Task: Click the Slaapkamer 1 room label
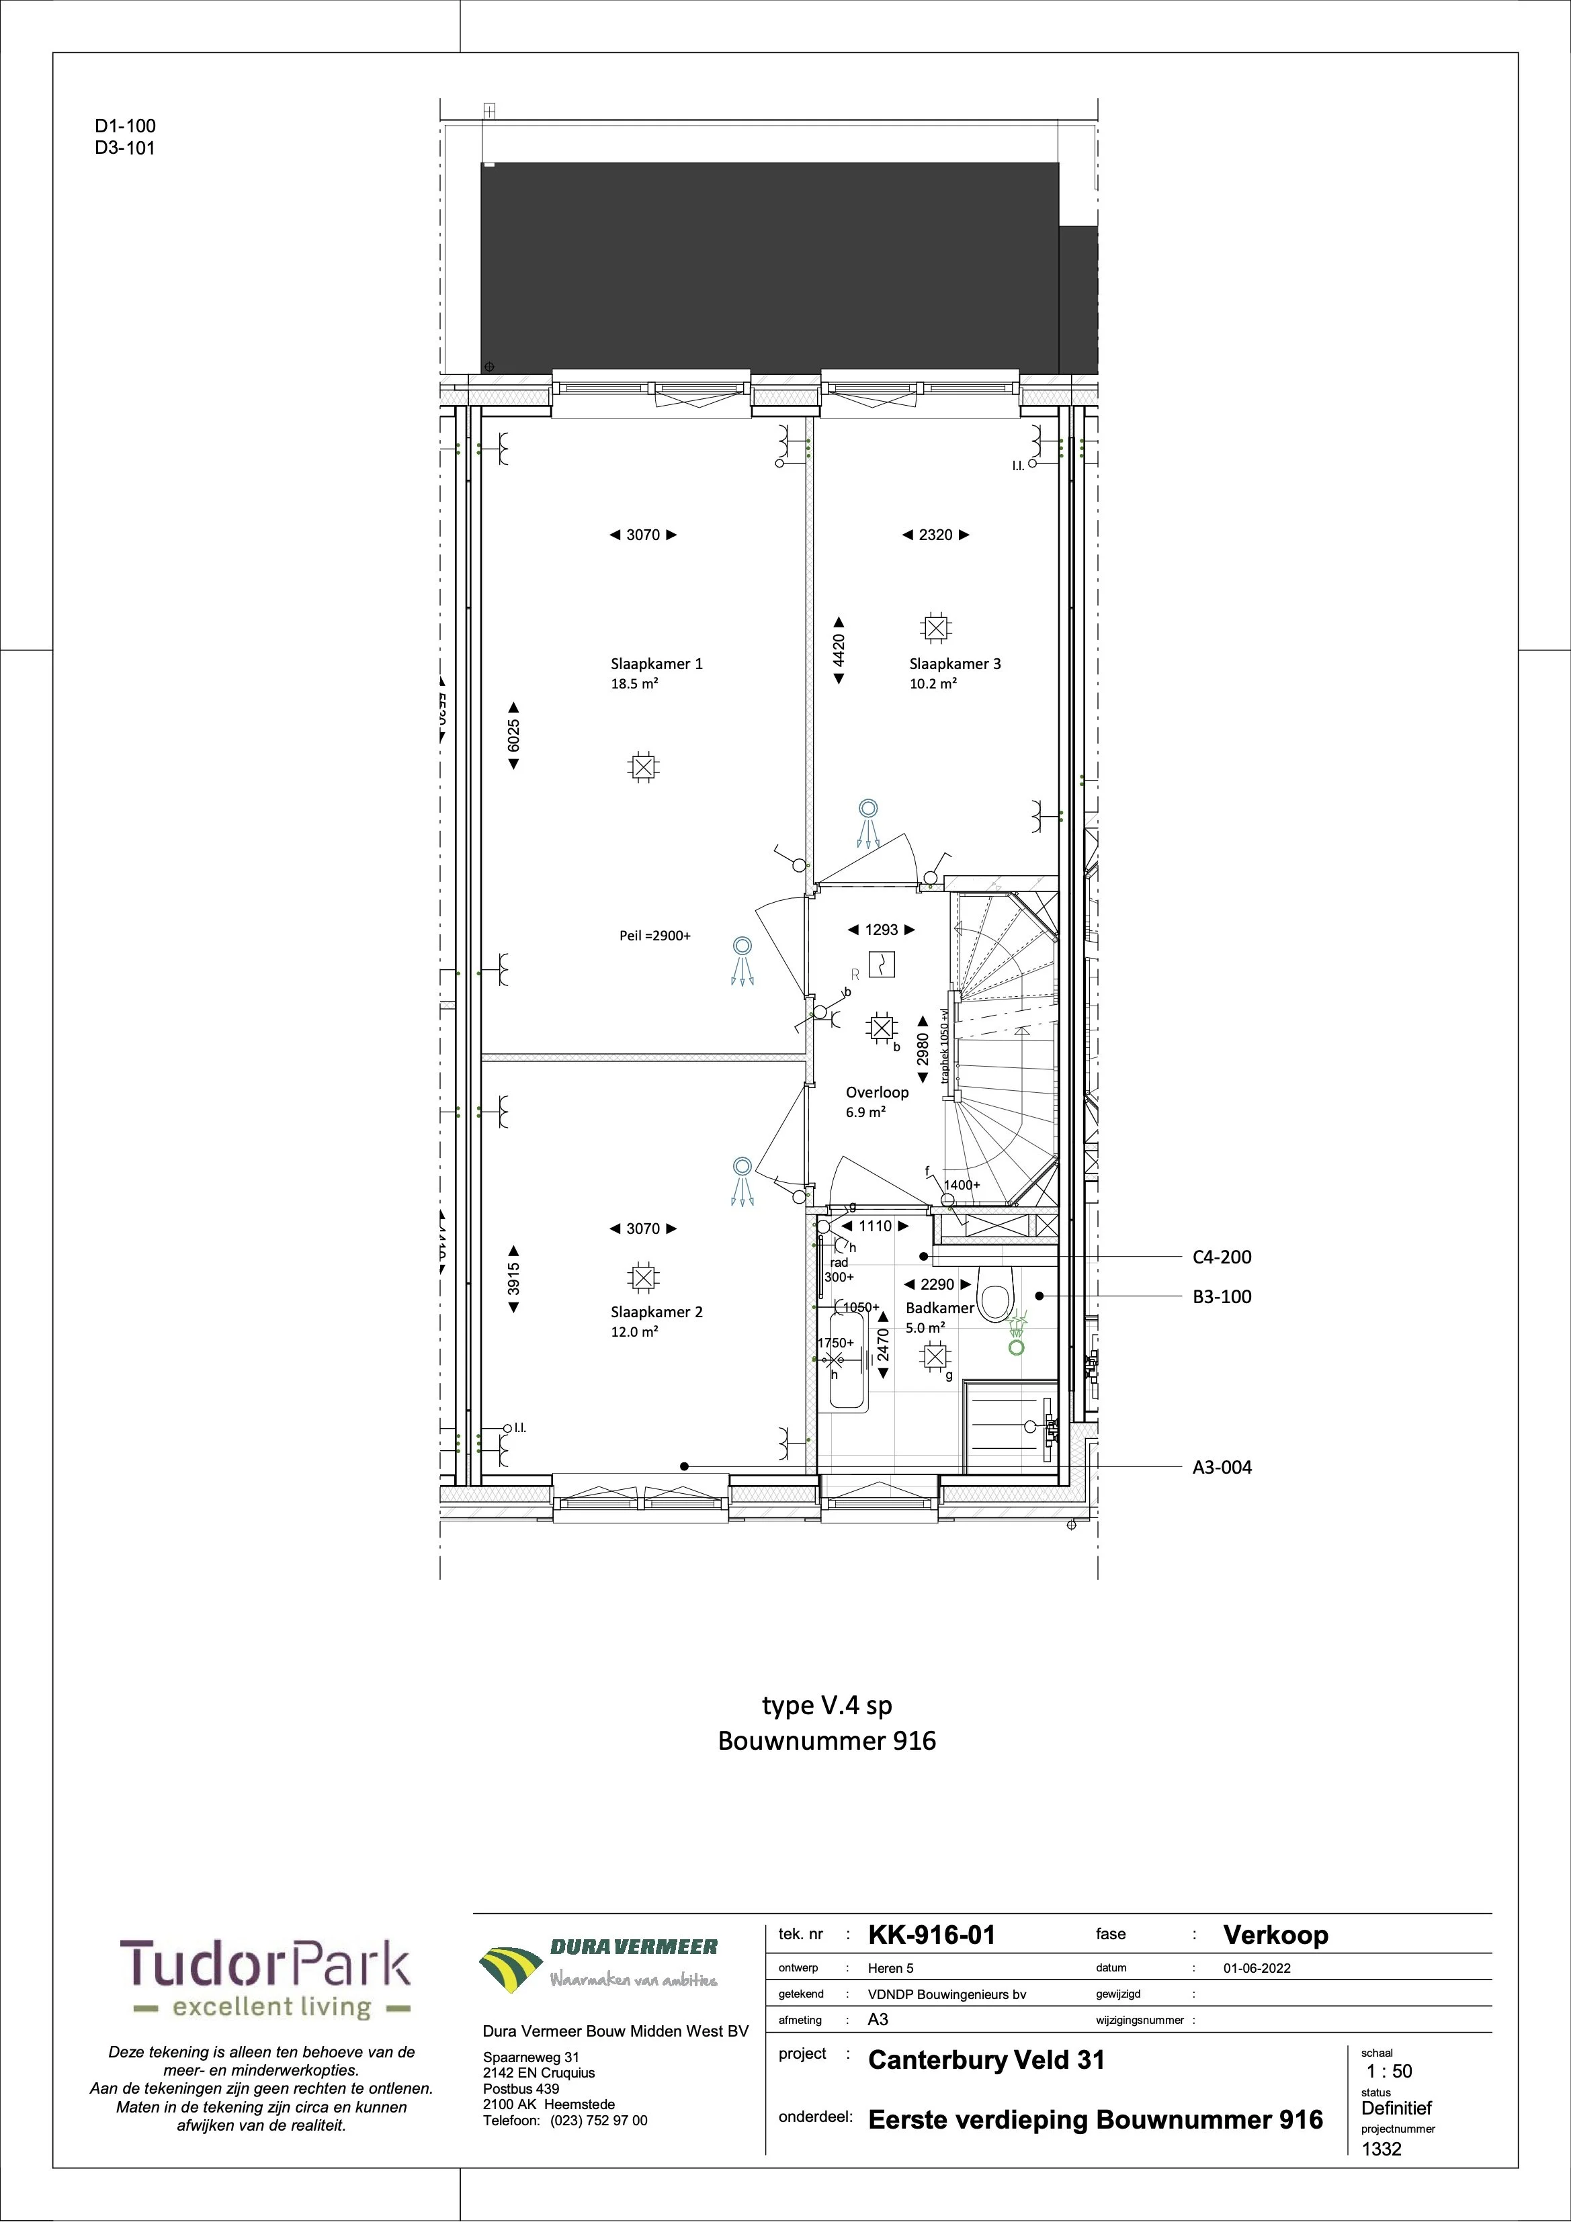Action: click(x=656, y=664)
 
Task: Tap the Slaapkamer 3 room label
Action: click(x=954, y=664)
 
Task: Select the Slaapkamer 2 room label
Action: click(x=656, y=1313)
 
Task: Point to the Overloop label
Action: click(x=877, y=1093)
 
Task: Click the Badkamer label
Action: click(x=939, y=1307)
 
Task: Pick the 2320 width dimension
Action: click(x=935, y=534)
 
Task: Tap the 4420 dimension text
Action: click(x=839, y=650)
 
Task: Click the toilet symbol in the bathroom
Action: click(x=993, y=1299)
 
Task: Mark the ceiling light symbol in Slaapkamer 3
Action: click(x=935, y=628)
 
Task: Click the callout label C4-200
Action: click(x=1222, y=1257)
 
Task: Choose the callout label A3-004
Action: click(x=1222, y=1467)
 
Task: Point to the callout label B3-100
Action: click(x=1222, y=1297)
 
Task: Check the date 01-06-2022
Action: click(x=1257, y=1969)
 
